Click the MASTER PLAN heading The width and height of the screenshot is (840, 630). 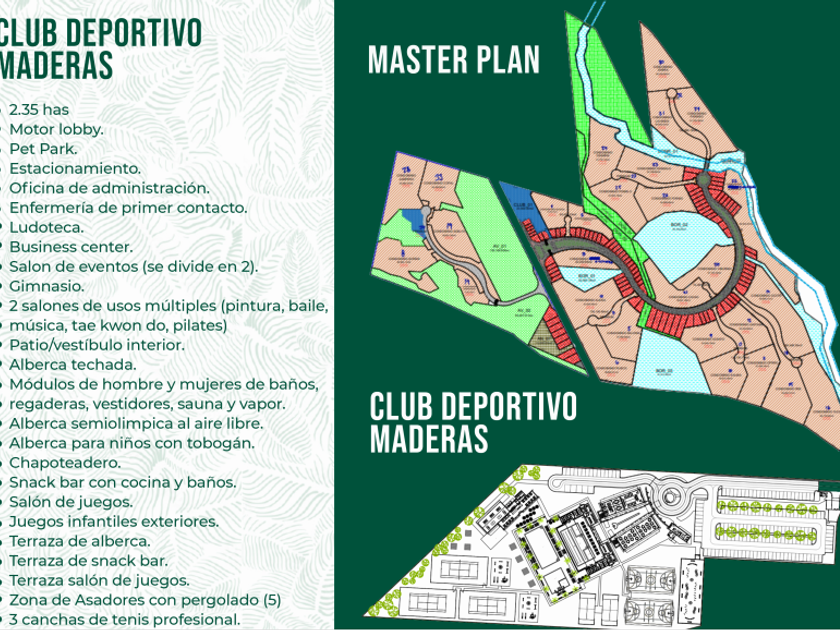pyautogui.click(x=454, y=59)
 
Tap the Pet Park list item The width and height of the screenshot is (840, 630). pyautogui.click(x=46, y=149)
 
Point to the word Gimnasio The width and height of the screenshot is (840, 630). pyautogui.click(x=47, y=286)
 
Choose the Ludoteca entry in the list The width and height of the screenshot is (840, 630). pyautogui.click(x=48, y=227)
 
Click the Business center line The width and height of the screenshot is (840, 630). pyautogui.click(x=71, y=247)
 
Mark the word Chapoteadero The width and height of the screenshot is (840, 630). pyautogui.click(x=65, y=463)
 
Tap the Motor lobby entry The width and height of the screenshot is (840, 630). pyautogui.click(x=56, y=130)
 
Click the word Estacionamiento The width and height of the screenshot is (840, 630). pyautogui.click(x=75, y=169)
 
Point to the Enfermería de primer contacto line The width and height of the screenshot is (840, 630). pyautogui.click(x=128, y=208)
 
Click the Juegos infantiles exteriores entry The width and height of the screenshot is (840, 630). pyautogui.click(x=128, y=522)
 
